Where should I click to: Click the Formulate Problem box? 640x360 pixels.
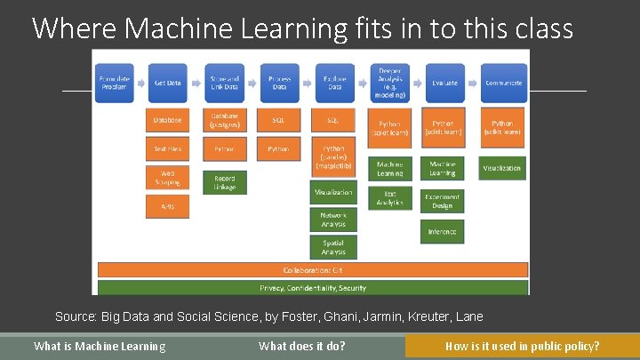(113, 83)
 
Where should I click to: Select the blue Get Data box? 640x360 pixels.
(167, 83)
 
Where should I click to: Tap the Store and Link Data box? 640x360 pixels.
(224, 83)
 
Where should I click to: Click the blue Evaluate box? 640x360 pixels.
(444, 83)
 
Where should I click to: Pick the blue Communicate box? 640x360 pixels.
(503, 83)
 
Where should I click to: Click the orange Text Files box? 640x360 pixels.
(167, 148)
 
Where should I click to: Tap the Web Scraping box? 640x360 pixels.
(167, 178)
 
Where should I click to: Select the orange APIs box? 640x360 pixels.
(167, 206)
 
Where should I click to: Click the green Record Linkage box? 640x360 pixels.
(224, 182)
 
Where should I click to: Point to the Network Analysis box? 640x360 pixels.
(333, 220)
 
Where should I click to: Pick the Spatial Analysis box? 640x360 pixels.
(333, 247)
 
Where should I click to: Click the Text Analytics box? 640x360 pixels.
(389, 197)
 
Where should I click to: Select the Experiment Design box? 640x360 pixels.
(443, 202)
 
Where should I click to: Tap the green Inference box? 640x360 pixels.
(443, 231)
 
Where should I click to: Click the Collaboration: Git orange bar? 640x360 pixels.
(312, 269)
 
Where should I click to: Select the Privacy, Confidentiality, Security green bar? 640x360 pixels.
(312, 287)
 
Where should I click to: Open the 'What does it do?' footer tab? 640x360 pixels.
(302, 346)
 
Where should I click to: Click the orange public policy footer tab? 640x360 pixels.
(522, 346)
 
